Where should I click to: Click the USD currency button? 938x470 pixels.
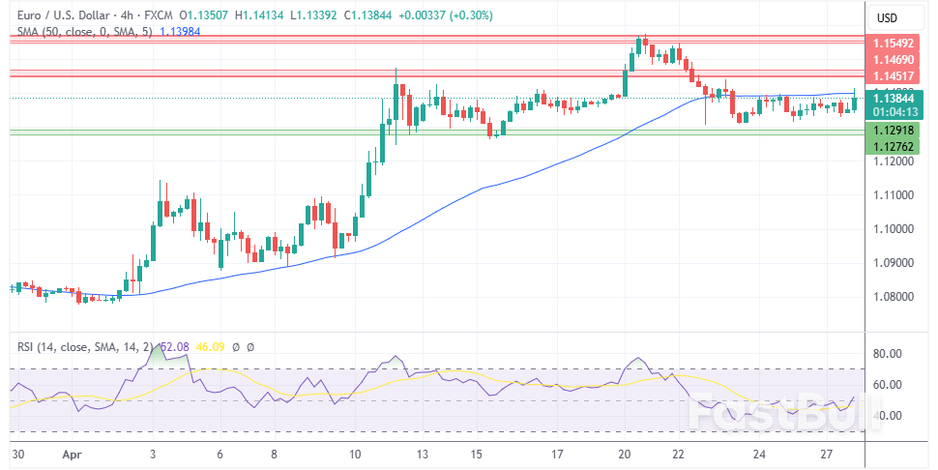tap(886, 17)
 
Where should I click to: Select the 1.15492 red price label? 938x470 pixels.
tap(894, 44)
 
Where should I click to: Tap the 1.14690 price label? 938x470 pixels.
tap(894, 60)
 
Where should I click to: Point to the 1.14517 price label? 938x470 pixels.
tap(894, 76)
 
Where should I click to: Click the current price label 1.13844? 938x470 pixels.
tap(894, 97)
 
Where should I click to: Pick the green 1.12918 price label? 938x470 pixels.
tap(894, 130)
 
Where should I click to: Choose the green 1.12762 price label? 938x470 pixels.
tap(894, 146)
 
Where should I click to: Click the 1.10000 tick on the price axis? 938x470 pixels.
tap(894, 229)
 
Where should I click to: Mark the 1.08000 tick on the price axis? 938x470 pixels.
tap(894, 297)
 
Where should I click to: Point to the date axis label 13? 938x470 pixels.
tap(423, 453)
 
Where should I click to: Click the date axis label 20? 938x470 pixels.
tap(625, 453)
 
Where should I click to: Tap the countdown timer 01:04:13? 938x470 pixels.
tap(894, 110)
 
